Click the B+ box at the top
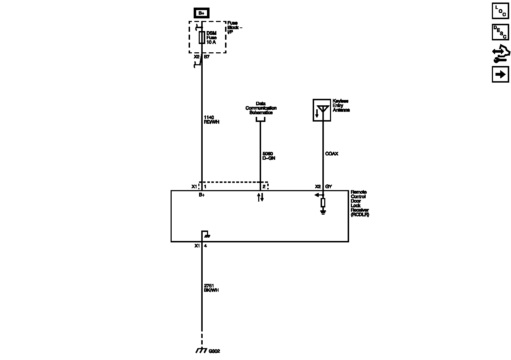pos(201,13)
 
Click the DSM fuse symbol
pos(202,38)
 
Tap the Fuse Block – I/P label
pos(235,27)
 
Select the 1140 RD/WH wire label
pos(211,120)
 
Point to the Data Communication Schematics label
pos(261,108)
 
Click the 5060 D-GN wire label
pos(269,156)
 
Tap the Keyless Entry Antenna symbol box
pos(322,110)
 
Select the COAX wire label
pos(332,154)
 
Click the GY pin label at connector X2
pos(329,186)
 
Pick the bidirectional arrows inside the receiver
pos(260,197)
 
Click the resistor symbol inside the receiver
pos(323,202)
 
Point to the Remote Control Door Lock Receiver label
pos(360,203)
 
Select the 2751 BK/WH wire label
pos(211,288)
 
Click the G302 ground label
pos(214,351)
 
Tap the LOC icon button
pos(500,11)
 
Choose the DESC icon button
pos(500,32)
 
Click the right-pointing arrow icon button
pos(500,74)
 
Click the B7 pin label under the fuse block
pos(207,57)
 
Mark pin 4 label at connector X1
pos(206,246)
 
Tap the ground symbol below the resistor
pos(323,212)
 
